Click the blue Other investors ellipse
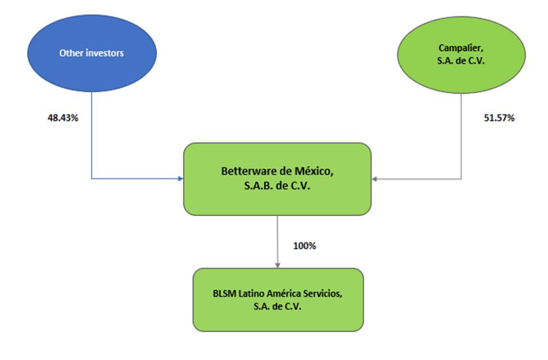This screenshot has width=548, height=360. [x=92, y=53]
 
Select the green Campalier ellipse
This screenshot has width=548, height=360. [x=461, y=53]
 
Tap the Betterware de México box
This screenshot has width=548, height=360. [x=277, y=178]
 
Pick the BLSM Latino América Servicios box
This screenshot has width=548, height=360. [x=278, y=299]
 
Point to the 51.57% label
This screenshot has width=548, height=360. [x=499, y=119]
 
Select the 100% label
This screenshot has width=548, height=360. [x=305, y=246]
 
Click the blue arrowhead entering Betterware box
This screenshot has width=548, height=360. [x=180, y=179]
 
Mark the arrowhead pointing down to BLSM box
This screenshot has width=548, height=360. [x=278, y=264]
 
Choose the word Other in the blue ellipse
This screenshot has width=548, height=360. [x=70, y=53]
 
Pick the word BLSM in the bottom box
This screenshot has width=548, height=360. [x=223, y=294]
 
